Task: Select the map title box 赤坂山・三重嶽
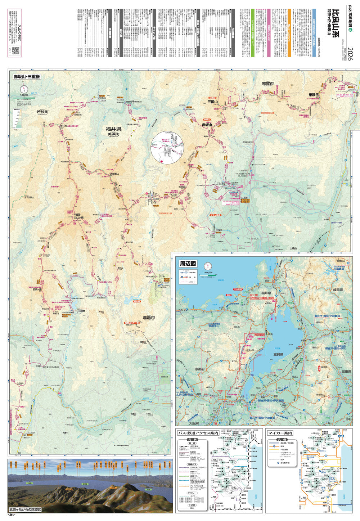click(27, 76)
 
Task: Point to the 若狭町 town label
click(42, 112)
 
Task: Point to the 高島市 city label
click(149, 318)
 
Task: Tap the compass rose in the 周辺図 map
click(208, 266)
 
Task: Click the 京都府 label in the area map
click(199, 369)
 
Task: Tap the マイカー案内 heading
click(280, 433)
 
